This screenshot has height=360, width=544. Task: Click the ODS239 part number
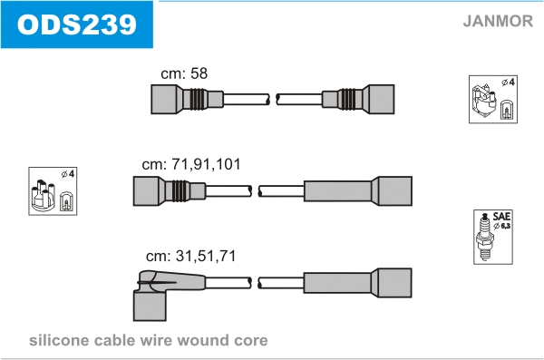[77, 24]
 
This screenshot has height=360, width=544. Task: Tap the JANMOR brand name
[498, 21]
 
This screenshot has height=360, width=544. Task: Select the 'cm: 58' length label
[184, 73]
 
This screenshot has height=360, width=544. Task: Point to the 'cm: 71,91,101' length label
[191, 164]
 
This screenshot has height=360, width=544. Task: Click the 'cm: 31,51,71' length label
[190, 256]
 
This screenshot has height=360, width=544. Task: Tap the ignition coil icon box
[493, 99]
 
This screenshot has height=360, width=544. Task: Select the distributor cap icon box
[53, 191]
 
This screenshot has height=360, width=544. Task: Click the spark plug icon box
[493, 237]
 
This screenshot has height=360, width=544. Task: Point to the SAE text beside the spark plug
[501, 217]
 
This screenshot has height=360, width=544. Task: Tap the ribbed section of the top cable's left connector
[199, 99]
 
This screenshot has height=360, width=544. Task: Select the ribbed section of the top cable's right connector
[346, 99]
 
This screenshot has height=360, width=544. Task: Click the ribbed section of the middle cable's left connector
[181, 191]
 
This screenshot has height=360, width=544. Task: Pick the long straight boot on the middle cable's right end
[358, 191]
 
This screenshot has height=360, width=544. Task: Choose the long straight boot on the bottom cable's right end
[358, 283]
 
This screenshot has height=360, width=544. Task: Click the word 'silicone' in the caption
[60, 340]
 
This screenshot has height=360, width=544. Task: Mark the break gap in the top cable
[273, 99]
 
